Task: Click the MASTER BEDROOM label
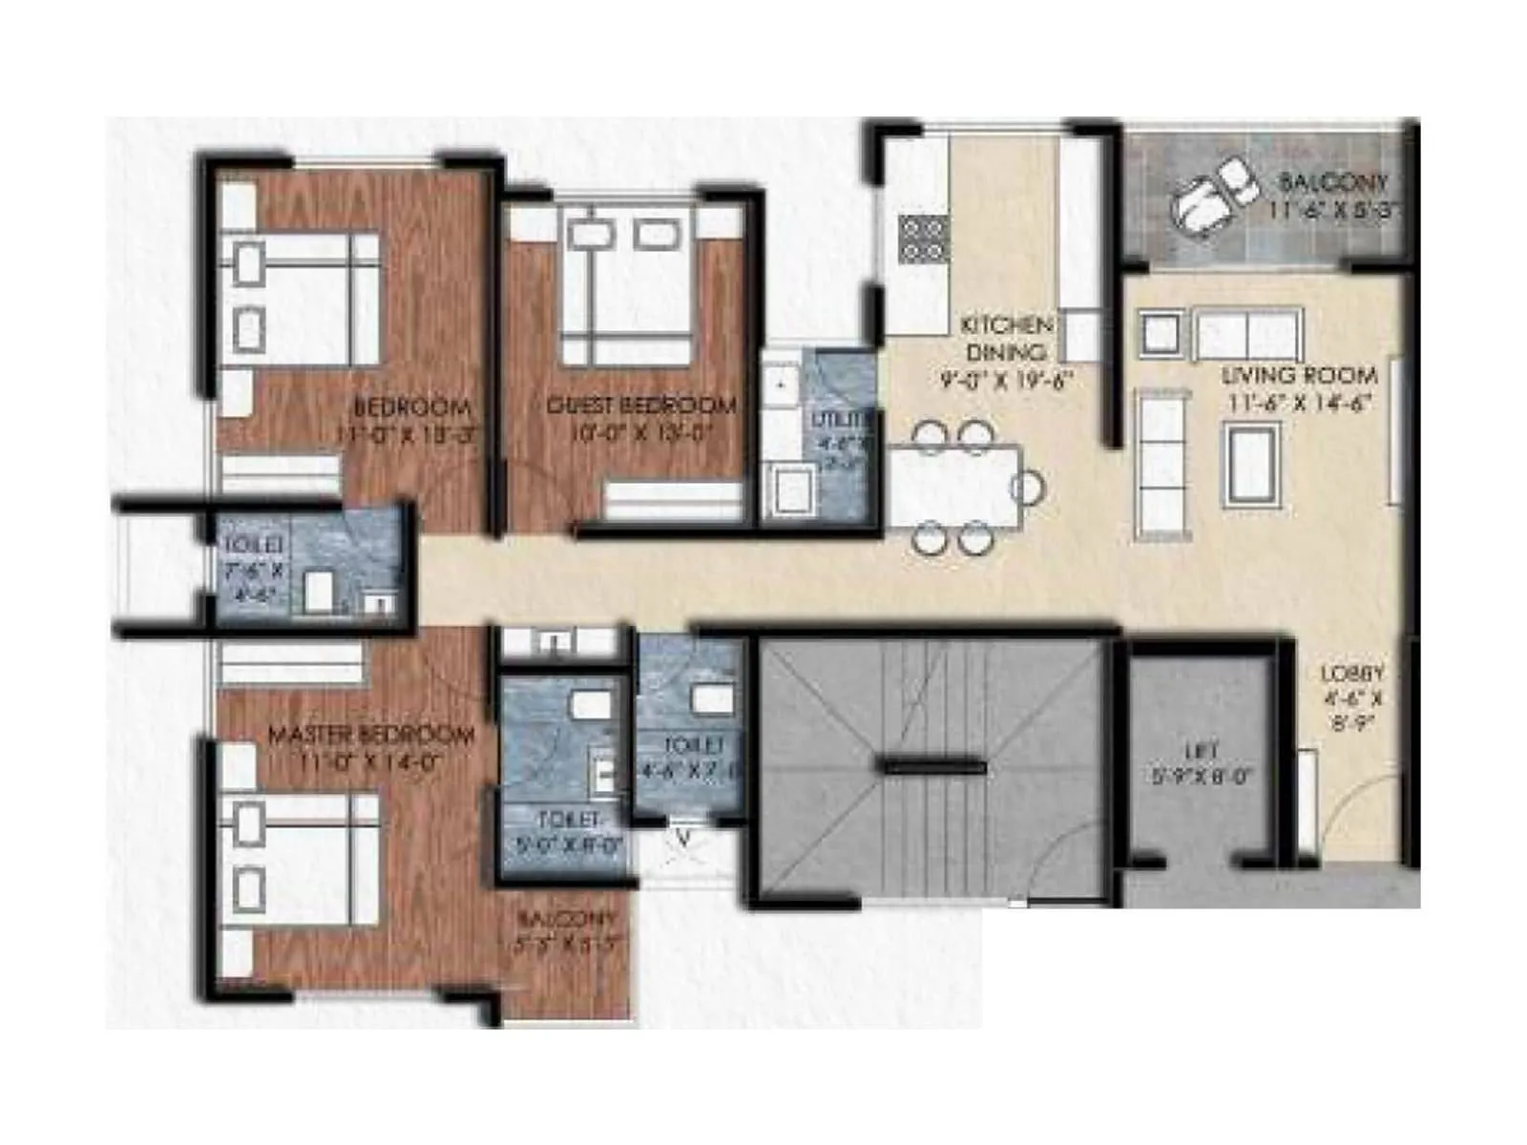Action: [x=370, y=736]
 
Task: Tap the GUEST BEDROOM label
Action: [x=641, y=406]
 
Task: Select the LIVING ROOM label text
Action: [x=1299, y=376]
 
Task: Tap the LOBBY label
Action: [x=1351, y=674]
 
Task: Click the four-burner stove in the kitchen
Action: [x=922, y=239]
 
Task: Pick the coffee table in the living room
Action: [x=1253, y=465]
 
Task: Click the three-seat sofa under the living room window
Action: [x=1247, y=333]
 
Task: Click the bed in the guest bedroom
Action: [x=625, y=286]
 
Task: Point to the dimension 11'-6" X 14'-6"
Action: [x=1299, y=404]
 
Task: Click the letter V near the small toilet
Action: [x=683, y=839]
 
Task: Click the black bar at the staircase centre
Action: [x=932, y=765]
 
